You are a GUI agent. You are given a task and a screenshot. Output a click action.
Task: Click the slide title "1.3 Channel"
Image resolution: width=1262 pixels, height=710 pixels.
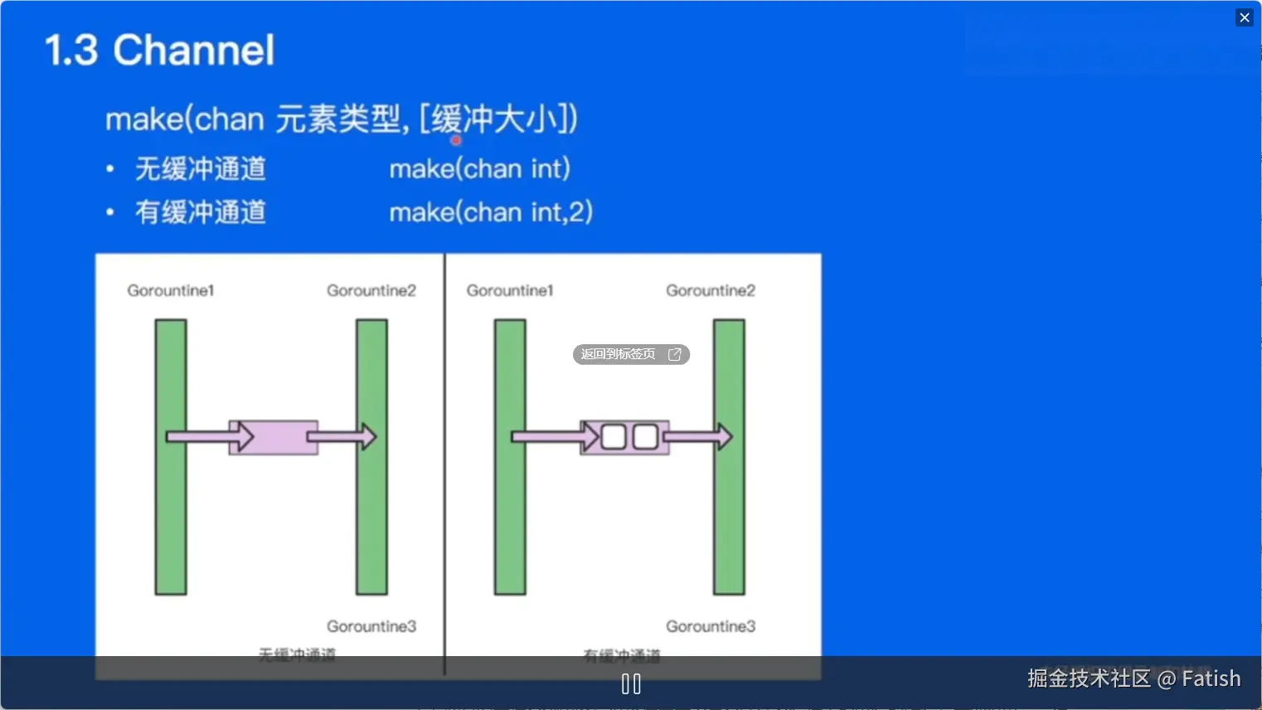pos(159,51)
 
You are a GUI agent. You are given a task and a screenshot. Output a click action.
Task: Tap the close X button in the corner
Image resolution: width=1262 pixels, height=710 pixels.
pos(1244,17)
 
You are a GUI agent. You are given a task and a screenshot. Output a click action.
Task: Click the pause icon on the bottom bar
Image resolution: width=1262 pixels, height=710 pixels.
pos(631,684)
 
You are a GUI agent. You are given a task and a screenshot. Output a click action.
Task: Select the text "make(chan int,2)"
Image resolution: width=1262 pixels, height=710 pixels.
pos(491,212)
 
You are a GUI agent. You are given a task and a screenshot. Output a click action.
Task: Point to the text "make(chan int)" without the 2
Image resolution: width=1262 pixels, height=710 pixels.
pos(480,169)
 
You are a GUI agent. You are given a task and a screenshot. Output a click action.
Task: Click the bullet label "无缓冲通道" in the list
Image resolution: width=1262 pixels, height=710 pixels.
pos(201,169)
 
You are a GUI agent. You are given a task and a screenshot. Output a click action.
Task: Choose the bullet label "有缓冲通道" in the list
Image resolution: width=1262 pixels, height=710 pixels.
pos(201,212)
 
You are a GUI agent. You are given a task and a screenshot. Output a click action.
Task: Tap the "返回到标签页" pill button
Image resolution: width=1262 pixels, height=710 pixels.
pos(631,354)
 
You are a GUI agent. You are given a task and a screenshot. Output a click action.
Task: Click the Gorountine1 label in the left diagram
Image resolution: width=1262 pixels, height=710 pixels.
pos(171,290)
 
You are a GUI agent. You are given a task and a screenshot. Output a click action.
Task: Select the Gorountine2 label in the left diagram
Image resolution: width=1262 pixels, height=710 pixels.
pos(371,290)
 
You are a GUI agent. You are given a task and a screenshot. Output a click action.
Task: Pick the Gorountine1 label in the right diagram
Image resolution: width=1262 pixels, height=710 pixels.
pos(510,290)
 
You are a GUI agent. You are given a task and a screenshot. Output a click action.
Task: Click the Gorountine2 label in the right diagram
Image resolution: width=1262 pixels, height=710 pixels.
pos(711,290)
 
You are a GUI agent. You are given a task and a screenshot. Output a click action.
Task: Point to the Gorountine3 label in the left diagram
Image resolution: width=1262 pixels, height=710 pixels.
pos(371,626)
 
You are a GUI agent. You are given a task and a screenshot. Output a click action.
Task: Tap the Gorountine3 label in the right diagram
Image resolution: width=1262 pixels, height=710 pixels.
pos(711,626)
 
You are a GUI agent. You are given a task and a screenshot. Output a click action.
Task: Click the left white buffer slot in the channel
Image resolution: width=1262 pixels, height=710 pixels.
pos(614,436)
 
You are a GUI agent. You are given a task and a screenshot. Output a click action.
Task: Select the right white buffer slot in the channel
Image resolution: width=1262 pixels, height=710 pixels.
pos(645,436)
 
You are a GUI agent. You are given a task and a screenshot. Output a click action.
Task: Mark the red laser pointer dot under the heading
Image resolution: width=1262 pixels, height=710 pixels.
pos(456,140)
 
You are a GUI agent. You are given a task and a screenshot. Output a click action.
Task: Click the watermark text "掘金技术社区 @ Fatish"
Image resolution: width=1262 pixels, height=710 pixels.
pos(1133,678)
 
